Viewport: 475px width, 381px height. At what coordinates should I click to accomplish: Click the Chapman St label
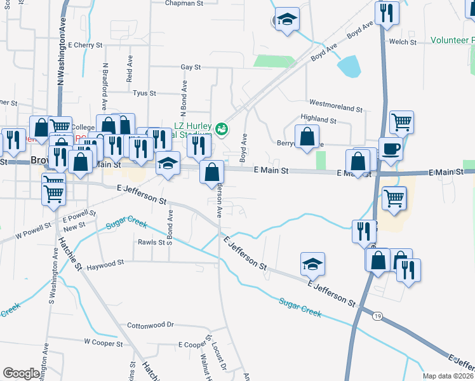(x=183, y=3)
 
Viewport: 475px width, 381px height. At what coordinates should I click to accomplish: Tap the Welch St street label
(x=403, y=43)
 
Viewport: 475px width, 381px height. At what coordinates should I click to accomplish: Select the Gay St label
(x=191, y=67)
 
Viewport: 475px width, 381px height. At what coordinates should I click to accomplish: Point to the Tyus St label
(x=144, y=93)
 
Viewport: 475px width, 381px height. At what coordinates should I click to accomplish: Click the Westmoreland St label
(x=335, y=102)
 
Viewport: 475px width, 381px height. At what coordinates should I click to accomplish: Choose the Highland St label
(x=318, y=119)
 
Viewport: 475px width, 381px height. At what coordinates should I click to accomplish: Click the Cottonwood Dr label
(x=151, y=324)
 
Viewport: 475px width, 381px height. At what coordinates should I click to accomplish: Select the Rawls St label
(x=152, y=242)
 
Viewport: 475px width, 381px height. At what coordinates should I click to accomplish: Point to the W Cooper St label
(x=104, y=342)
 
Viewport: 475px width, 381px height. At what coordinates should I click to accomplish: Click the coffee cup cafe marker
(x=391, y=149)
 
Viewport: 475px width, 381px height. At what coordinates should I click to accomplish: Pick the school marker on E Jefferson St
(x=312, y=264)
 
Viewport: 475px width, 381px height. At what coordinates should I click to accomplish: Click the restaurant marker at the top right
(x=386, y=12)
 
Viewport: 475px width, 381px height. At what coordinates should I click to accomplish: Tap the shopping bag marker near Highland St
(x=307, y=137)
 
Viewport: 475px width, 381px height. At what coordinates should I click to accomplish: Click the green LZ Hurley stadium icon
(x=222, y=129)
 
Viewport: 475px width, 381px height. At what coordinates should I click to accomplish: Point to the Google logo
(x=21, y=373)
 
